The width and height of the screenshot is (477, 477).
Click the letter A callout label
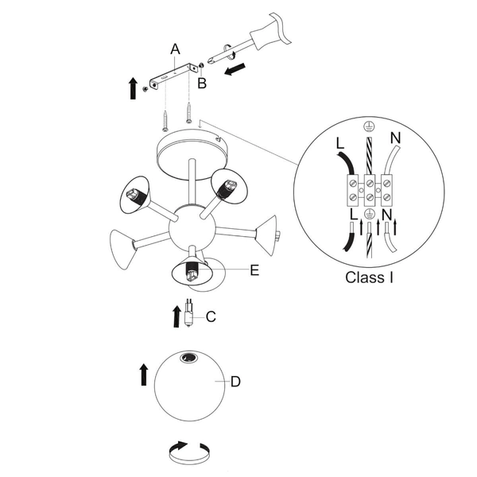tap(176, 49)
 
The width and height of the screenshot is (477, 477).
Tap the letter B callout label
tap(202, 82)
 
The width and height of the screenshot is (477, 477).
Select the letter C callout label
tap(211, 316)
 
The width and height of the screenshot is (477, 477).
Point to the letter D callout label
tap(235, 382)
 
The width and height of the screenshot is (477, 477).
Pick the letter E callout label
tap(254, 270)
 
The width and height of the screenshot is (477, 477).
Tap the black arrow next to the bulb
tap(176, 315)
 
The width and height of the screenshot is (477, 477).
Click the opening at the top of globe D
tap(189, 359)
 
